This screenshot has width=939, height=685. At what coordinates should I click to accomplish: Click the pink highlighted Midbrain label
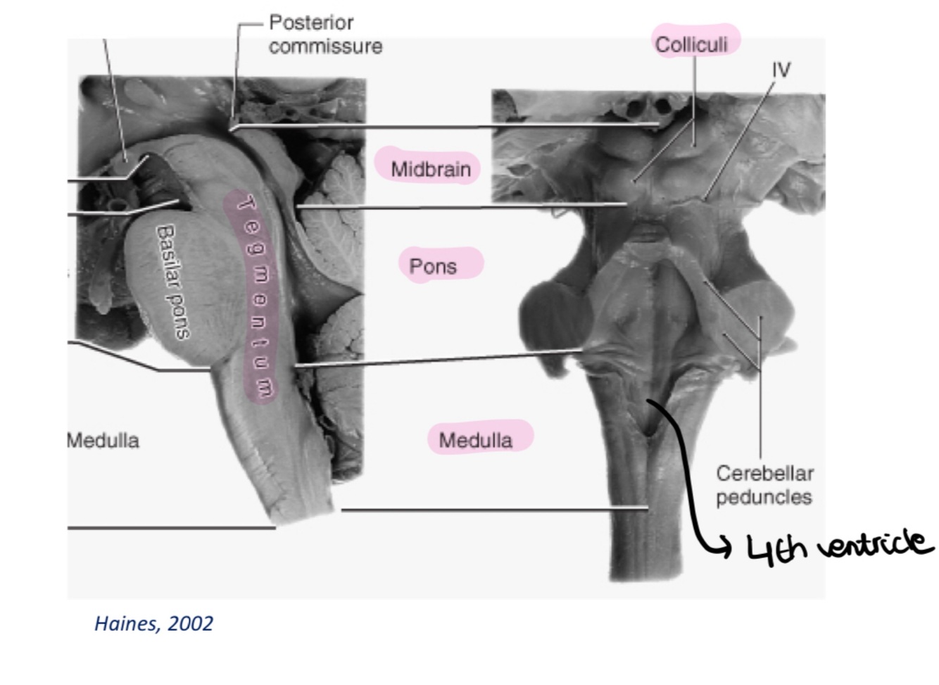click(431, 169)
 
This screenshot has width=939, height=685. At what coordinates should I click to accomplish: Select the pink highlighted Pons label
click(433, 266)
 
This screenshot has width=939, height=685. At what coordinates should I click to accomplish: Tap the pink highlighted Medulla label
click(476, 440)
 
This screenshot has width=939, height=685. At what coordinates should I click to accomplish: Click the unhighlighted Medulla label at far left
click(103, 440)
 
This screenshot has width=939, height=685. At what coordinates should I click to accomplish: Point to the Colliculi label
click(691, 44)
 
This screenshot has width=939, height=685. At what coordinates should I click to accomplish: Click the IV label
click(781, 70)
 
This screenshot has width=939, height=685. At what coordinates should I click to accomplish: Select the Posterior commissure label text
click(325, 34)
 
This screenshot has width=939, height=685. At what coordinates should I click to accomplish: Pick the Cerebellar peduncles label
click(764, 485)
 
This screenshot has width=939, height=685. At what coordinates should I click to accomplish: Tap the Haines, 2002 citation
click(153, 624)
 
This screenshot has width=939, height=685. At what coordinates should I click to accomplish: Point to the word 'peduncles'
click(764, 497)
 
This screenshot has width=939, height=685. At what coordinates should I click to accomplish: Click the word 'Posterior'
click(311, 23)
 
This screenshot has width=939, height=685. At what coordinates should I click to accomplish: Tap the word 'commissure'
click(325, 46)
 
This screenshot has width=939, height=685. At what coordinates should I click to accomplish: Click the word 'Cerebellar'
click(764, 473)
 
